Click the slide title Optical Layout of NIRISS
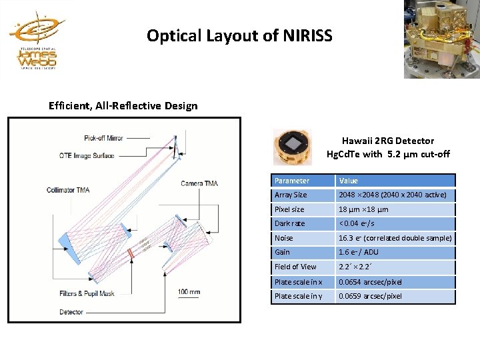(239, 35)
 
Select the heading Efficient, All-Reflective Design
(123, 105)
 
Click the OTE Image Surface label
(87, 155)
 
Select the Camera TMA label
(200, 183)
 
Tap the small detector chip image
(292, 145)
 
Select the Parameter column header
(292, 181)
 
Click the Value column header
(349, 181)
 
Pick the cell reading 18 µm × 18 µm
(364, 209)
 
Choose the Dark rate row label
(289, 223)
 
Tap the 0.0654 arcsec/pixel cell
(370, 281)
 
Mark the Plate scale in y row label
(297, 296)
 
